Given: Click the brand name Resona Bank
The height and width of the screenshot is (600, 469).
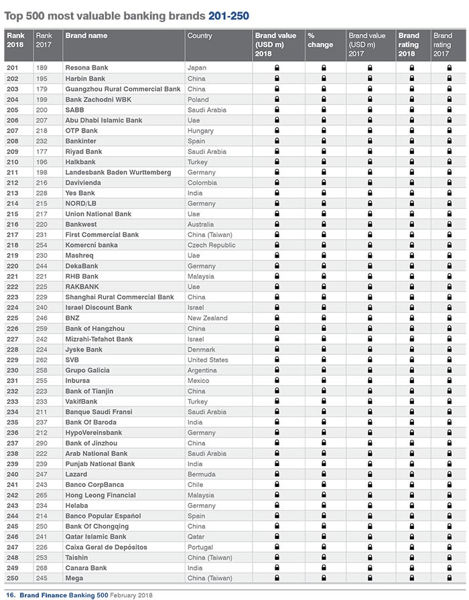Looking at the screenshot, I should point(86,68).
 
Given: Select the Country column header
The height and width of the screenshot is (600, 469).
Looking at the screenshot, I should point(200,35).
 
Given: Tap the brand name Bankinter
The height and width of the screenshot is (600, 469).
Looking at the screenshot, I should point(80,141).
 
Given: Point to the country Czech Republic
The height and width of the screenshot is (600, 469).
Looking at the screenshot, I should point(212,245).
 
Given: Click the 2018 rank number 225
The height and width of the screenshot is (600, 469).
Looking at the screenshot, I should point(12,318).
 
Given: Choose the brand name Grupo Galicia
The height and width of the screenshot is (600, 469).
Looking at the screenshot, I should point(87,370).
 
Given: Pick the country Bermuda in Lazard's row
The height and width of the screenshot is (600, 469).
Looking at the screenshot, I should point(202,474).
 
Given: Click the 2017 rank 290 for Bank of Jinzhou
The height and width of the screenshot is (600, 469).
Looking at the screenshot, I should point(42,443).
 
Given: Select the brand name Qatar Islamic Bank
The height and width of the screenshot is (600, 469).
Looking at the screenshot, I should point(95,536).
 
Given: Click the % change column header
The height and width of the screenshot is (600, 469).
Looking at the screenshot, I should point(320,40).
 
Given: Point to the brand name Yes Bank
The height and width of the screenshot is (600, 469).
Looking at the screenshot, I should point(80,194).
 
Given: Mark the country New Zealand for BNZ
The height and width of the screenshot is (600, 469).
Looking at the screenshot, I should point(207,318).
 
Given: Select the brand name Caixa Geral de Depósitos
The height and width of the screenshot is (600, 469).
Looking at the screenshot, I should point(106,547).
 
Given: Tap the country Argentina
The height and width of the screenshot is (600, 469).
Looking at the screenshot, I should point(202,370).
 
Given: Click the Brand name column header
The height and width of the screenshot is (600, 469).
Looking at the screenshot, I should point(86,35).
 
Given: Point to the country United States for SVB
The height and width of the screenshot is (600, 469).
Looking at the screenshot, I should point(208,360).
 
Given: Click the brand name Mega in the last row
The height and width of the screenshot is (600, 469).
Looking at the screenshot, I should point(73,578).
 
